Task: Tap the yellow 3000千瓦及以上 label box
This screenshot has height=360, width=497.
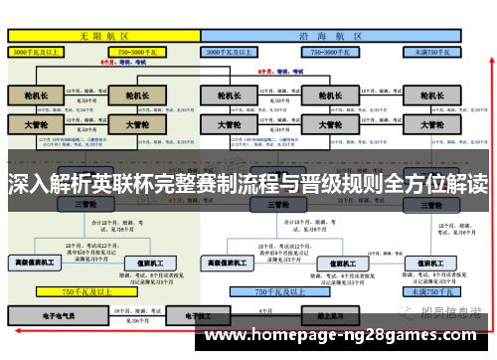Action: coord(41,50)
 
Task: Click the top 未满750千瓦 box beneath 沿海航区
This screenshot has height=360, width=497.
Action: coord(432,50)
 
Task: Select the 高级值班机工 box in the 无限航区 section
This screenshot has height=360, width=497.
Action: coord(36,263)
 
